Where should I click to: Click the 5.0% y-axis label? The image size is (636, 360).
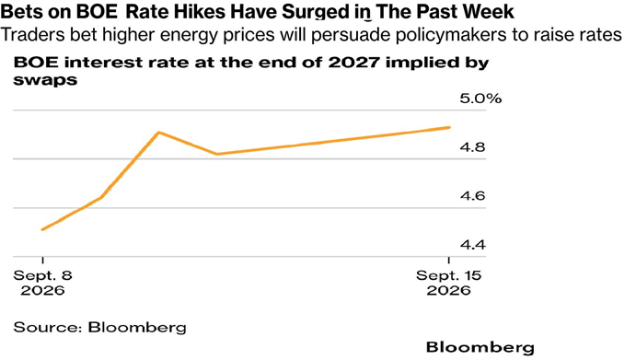click(x=480, y=99)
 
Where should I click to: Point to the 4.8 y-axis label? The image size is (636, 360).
click(x=472, y=147)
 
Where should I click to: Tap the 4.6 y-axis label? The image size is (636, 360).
click(x=472, y=196)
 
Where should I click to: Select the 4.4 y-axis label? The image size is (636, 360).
click(x=472, y=245)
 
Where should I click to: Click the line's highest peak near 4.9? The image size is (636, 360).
click(x=159, y=133)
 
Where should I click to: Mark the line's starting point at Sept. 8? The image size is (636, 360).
click(x=42, y=229)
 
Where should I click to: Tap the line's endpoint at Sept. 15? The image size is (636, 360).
click(x=449, y=127)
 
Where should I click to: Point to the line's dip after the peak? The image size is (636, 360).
click(x=217, y=155)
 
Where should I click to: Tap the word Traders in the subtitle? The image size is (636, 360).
click(x=32, y=34)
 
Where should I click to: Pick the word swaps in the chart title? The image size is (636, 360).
click(x=45, y=80)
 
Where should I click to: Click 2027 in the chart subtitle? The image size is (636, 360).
click(x=353, y=63)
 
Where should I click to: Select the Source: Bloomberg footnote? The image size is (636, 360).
click(x=99, y=328)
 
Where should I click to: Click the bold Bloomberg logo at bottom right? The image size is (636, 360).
click(x=480, y=347)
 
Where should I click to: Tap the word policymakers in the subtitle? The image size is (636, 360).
click(x=450, y=35)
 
